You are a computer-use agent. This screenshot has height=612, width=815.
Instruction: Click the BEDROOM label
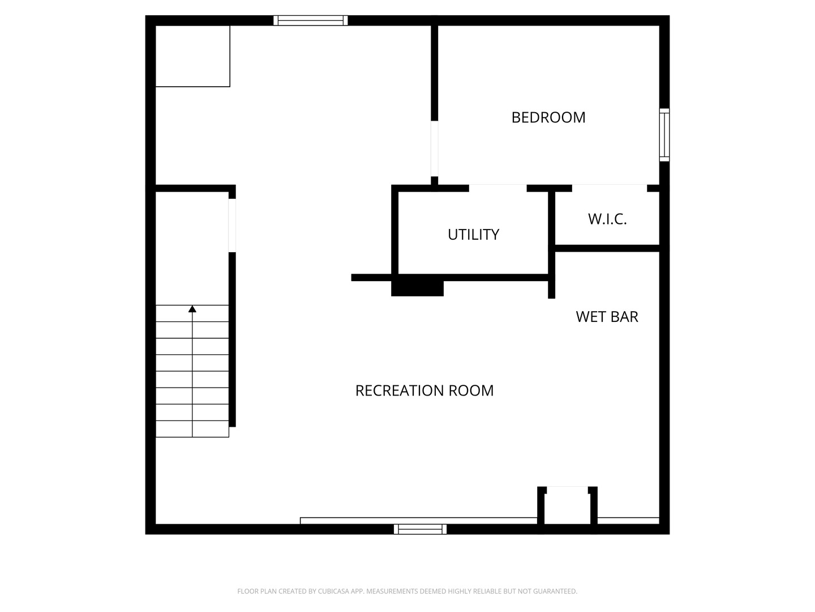coord(548,117)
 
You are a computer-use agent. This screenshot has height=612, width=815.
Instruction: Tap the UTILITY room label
coord(473,235)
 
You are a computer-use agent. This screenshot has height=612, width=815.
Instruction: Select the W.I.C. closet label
coord(607,219)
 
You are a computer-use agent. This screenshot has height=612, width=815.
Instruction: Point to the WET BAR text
coord(607,317)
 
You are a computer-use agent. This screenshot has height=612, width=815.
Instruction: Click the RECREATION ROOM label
coord(424,390)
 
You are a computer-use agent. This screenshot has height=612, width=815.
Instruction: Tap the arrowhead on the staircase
coord(192,309)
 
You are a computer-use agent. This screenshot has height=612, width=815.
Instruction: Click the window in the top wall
coord(310,20)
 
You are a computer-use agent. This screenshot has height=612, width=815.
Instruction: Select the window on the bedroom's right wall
coord(664,135)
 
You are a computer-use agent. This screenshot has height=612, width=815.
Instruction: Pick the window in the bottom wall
coord(420,529)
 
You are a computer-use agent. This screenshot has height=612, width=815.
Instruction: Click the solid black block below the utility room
coord(417,288)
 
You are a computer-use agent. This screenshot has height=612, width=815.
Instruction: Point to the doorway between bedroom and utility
coord(497,188)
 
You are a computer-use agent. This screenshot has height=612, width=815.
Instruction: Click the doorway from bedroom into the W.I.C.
coord(610,188)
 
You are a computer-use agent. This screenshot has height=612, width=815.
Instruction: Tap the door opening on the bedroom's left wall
coord(435,148)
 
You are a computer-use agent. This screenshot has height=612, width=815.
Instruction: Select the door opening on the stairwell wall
coord(232,225)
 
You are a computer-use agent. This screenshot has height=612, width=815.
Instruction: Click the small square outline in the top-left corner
coord(192,56)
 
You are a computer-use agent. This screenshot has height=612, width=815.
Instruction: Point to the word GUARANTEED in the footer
coord(555,591)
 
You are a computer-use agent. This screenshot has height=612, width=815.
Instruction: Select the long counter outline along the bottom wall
coord(418,521)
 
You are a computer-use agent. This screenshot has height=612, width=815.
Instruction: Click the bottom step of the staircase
coord(192,429)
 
